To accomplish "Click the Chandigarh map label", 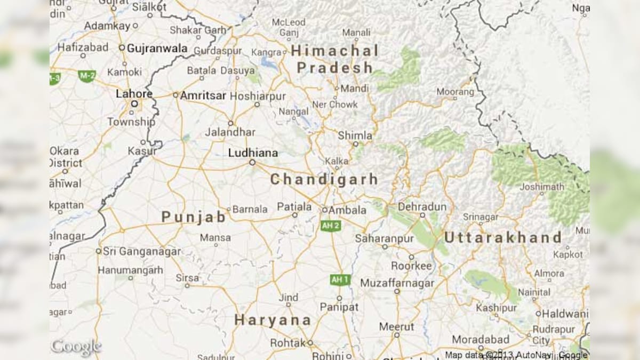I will (x=324, y=180).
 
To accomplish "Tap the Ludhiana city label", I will (x=253, y=153).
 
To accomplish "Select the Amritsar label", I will (x=203, y=95).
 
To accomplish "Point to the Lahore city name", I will (x=134, y=94).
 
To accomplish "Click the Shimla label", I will (x=355, y=135).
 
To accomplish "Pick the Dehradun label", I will (x=422, y=207).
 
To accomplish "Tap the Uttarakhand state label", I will (x=502, y=237).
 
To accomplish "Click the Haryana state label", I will (x=273, y=320).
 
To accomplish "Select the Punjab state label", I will (x=194, y=217).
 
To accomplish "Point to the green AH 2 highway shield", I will (x=330, y=226).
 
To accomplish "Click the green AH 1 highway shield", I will (x=340, y=279).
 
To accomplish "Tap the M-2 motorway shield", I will (x=86, y=76).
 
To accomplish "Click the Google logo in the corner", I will (x=76, y=347).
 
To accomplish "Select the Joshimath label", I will (x=542, y=187).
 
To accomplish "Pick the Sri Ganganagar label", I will (x=141, y=251).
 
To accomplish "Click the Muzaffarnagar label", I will (x=397, y=283).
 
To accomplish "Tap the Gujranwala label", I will (x=157, y=49).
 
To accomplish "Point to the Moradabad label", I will (x=481, y=339).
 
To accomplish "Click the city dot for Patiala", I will (x=294, y=215).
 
